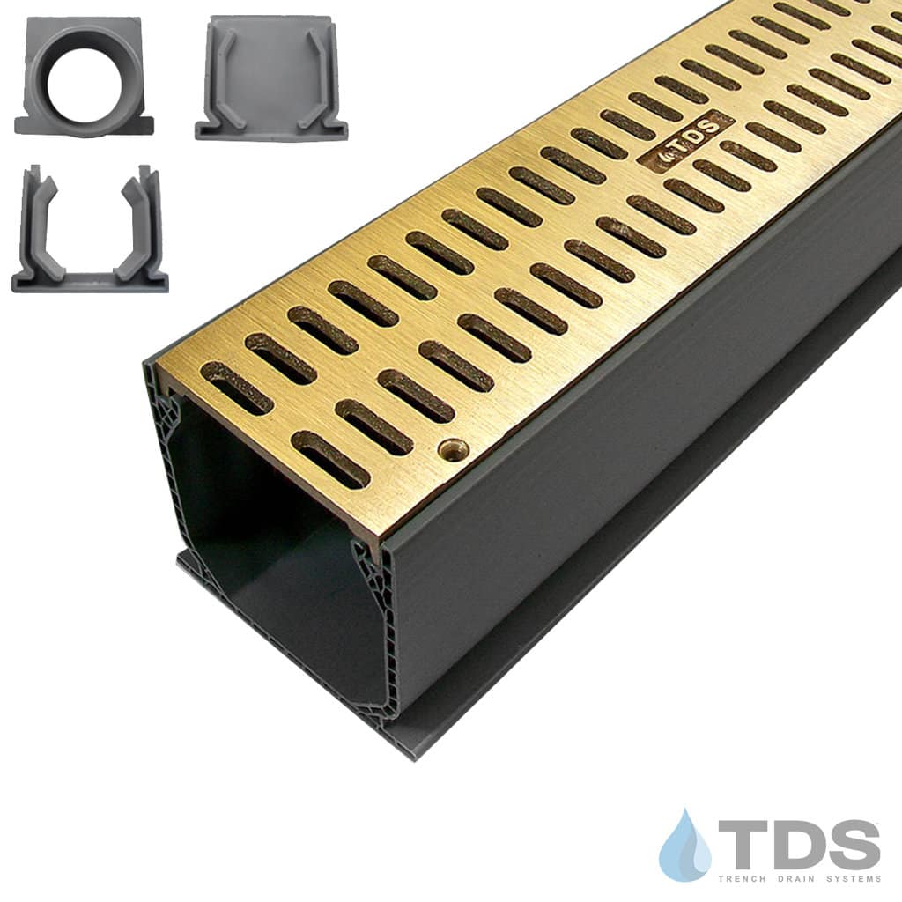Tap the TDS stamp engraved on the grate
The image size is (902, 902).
[686, 142]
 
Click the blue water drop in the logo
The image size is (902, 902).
[684, 844]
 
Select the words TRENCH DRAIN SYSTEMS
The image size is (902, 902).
[800, 878]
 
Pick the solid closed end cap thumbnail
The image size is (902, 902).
[271, 78]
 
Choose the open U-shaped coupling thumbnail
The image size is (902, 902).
[90, 229]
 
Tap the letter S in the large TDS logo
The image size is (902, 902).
[853, 844]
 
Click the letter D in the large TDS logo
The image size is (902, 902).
[795, 844]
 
